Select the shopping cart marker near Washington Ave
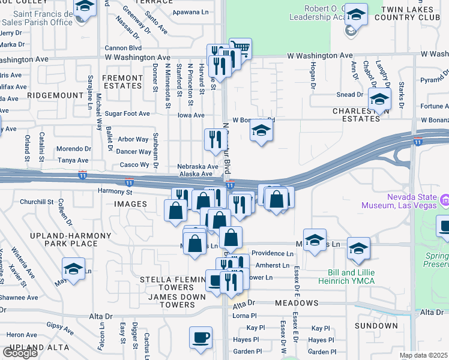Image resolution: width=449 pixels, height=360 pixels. tap(240, 49)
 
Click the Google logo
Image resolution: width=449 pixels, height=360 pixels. tap(20, 353)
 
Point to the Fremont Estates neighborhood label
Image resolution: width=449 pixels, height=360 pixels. tap(122, 82)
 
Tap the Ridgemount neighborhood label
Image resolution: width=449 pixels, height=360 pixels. tap(55, 95)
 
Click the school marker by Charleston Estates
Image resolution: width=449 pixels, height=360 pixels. tap(379, 100)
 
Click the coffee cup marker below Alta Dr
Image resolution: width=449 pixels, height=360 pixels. tap(200, 337)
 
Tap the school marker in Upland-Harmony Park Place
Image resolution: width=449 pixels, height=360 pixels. tap(73, 269)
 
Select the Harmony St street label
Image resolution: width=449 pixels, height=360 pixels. tap(115, 192)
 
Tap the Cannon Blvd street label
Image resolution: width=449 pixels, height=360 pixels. tap(123, 47)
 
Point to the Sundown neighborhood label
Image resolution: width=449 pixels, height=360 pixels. tap(376, 326)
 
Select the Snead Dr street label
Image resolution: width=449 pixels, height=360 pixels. tap(350, 94)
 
